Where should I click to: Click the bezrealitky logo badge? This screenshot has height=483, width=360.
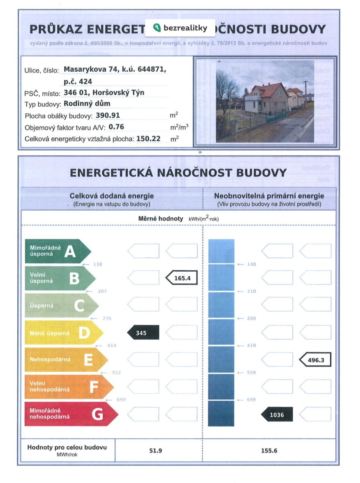180,28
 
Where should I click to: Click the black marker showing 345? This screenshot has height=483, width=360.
143,333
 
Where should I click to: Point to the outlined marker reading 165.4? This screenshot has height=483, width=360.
182,278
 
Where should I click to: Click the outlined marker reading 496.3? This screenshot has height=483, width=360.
315,360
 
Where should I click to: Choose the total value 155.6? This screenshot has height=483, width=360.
269,450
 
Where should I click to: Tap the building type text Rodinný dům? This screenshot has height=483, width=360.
87,104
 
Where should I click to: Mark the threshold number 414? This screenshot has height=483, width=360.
112,345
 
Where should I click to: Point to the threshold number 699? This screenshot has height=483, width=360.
251,400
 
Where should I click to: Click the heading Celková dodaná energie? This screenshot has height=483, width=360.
112,196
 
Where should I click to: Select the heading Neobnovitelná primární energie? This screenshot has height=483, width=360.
269,196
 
